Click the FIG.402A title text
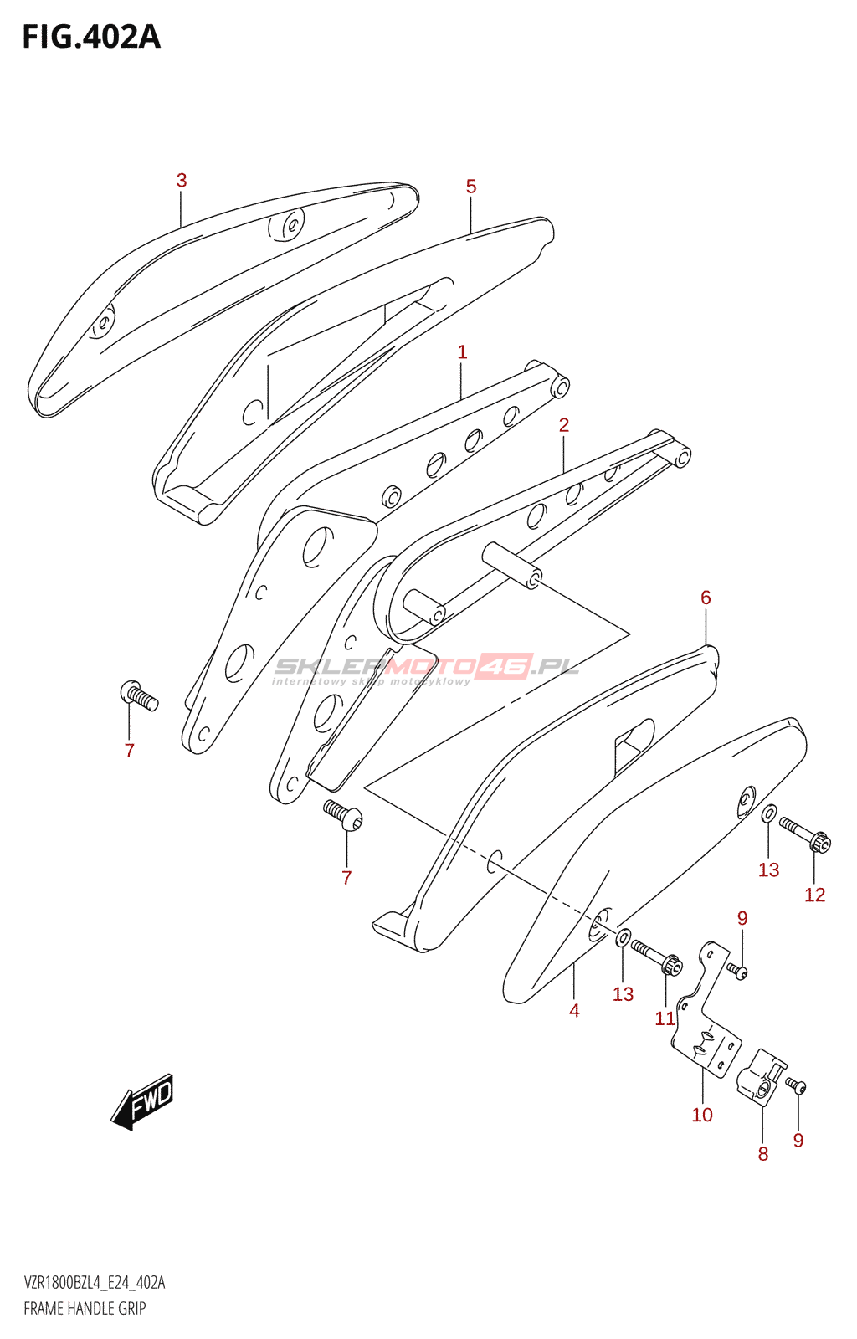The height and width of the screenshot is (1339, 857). [91, 38]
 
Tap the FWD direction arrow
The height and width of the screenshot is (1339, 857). [143, 1100]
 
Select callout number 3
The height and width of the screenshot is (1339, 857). [182, 181]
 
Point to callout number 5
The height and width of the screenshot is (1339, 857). [471, 187]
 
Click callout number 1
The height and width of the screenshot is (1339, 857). [462, 352]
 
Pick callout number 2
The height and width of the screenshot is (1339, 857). [564, 425]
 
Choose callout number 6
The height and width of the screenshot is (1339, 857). [706, 598]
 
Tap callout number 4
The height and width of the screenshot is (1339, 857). [574, 1010]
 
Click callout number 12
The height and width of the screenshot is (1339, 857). [814, 895]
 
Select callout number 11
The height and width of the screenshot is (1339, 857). [665, 1018]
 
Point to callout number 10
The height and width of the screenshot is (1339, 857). [702, 1115]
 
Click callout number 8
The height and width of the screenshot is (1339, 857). [763, 1154]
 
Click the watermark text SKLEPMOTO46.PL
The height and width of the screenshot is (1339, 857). [427, 668]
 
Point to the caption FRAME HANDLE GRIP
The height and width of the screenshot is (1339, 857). [85, 1308]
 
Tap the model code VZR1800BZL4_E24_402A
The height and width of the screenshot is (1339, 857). [95, 1283]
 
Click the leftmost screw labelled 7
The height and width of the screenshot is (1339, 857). [138, 695]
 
